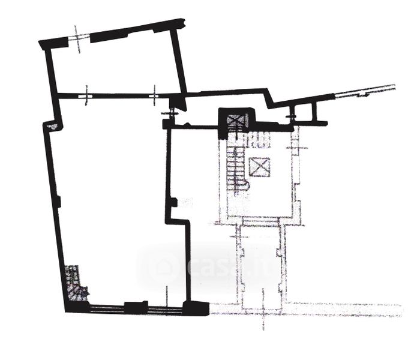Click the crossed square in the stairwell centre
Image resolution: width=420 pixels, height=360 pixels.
click(x=260, y=166)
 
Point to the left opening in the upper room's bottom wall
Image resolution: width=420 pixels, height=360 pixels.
click(x=88, y=94)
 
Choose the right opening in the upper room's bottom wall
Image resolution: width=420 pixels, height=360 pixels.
click(x=155, y=94)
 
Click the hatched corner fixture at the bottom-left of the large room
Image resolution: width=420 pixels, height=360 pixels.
click(x=76, y=286)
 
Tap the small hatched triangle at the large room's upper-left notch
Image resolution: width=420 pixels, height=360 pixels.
click(x=53, y=126)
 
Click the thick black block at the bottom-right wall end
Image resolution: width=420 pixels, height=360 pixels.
click(x=196, y=308)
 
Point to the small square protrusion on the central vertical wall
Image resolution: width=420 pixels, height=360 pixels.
click(x=173, y=203)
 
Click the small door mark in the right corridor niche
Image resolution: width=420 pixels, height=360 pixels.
click(x=292, y=113)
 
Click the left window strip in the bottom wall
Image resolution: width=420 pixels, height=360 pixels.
click(x=106, y=309)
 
